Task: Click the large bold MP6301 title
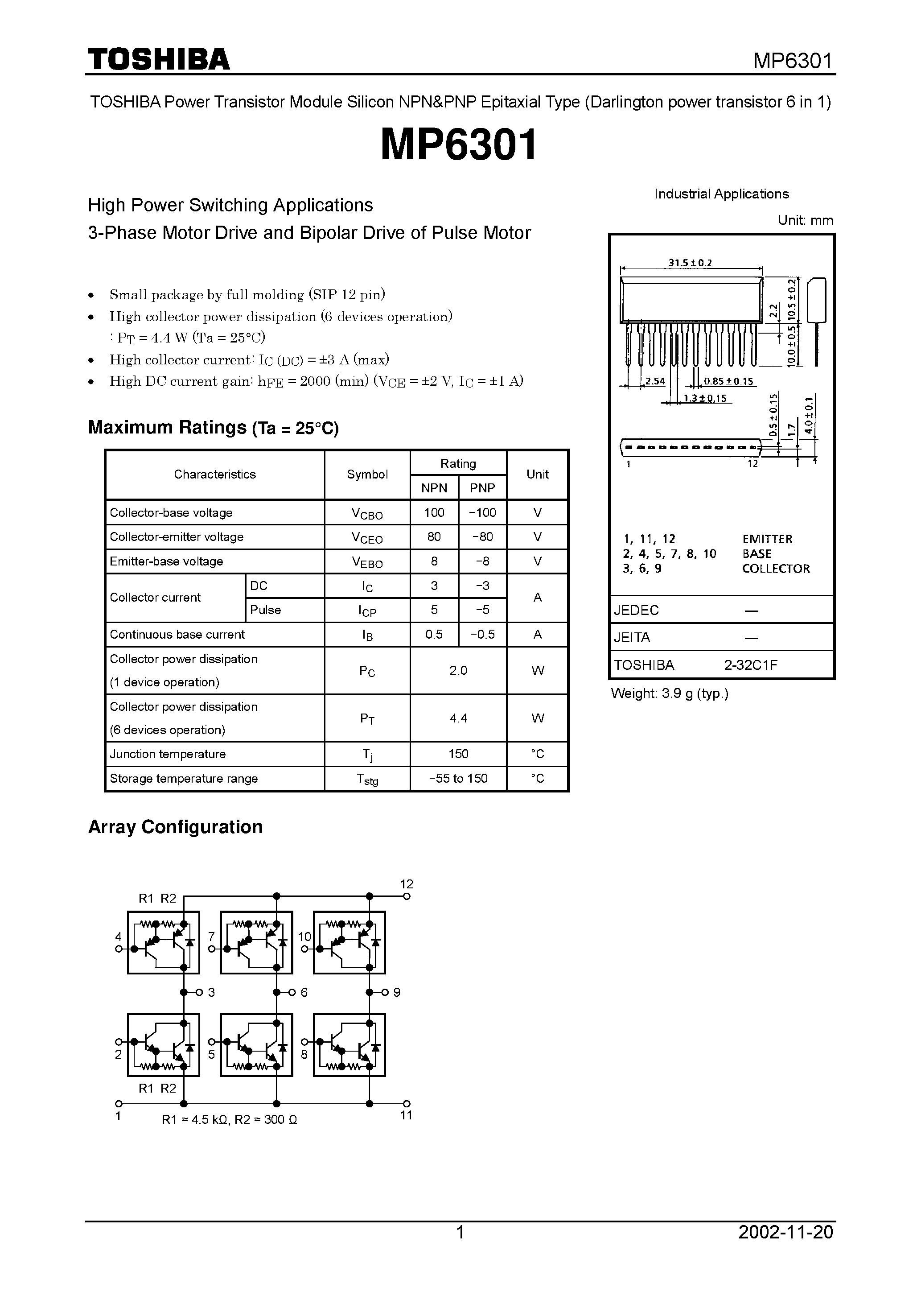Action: (x=459, y=145)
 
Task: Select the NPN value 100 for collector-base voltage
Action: (x=434, y=512)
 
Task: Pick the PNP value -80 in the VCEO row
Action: (x=482, y=536)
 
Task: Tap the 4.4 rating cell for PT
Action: (x=458, y=718)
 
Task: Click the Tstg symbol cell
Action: (x=367, y=779)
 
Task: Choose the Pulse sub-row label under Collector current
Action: (x=265, y=610)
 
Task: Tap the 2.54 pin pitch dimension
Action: (x=655, y=381)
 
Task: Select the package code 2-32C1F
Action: (x=750, y=665)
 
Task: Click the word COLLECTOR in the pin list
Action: (x=776, y=569)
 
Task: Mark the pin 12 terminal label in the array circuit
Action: (x=407, y=884)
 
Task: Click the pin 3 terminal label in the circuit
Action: (x=211, y=992)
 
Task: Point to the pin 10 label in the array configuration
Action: (x=304, y=937)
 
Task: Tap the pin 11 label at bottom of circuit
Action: (x=406, y=1115)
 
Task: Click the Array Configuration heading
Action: (x=176, y=827)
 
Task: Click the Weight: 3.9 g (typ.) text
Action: (x=670, y=693)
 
